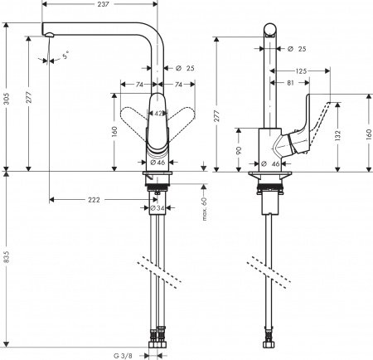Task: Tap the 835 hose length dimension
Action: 7,259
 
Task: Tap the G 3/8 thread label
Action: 124,355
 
